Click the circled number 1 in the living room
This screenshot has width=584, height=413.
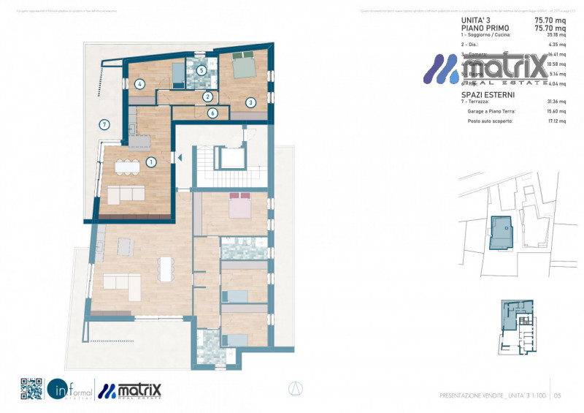152,162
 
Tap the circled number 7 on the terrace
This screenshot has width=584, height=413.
104,125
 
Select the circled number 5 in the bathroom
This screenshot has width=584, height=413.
201,71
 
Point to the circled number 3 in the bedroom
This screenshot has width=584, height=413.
250,103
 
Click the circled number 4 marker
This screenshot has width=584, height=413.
139,84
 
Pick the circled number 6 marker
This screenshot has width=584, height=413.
212,113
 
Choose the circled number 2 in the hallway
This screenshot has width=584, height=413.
207,96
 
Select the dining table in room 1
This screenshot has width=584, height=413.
128,167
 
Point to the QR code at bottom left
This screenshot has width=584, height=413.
31,389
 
